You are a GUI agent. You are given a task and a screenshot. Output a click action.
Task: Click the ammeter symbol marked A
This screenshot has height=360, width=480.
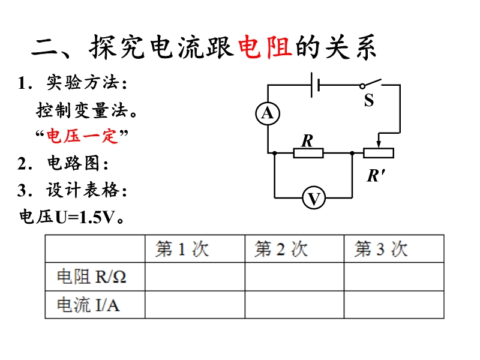[268, 113]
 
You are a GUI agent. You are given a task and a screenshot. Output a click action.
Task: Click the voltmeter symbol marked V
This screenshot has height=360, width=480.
[313, 198]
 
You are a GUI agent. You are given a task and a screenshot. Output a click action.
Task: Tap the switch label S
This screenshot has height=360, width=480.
[369, 100]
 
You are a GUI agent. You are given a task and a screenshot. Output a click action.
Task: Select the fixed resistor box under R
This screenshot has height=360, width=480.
[308, 153]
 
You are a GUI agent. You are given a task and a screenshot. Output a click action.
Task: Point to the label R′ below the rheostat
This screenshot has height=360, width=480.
[376, 176]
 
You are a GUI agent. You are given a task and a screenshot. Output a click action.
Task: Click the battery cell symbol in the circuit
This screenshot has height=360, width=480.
[315, 85]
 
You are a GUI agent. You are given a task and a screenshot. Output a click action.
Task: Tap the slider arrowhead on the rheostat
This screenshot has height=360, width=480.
[379, 144]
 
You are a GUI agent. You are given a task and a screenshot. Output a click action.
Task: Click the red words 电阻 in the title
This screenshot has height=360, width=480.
[265, 47]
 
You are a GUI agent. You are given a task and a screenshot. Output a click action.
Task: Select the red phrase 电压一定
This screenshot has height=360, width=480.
[82, 136]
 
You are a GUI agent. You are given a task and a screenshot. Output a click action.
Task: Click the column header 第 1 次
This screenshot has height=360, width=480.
[182, 248]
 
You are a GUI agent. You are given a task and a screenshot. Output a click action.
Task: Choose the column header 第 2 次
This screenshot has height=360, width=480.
[281, 248]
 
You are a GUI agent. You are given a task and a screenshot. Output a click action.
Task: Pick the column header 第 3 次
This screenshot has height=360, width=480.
[381, 248]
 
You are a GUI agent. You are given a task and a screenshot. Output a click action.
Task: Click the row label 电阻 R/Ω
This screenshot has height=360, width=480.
[92, 277]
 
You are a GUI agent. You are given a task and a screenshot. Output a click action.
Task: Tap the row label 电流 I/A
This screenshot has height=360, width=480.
[88, 305]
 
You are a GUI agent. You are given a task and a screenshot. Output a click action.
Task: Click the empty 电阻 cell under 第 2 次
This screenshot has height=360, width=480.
[295, 277]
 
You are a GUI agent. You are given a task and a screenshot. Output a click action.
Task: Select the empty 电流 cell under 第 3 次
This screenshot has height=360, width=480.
[394, 305]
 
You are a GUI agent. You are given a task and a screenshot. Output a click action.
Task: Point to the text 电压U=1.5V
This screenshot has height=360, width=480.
[71, 217]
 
